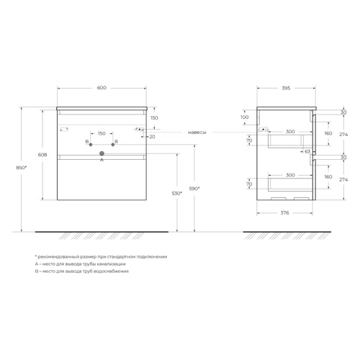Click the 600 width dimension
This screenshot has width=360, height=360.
click(x=102, y=88)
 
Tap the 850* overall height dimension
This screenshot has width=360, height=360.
click(x=22, y=168)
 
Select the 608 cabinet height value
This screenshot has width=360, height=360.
click(x=42, y=155)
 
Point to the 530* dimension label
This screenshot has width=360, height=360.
click(x=177, y=193)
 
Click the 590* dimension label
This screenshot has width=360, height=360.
click(x=194, y=189)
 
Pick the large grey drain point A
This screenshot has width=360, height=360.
click(x=102, y=153)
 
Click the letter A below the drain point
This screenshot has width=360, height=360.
click(x=102, y=160)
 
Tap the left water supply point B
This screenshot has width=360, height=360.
click(x=91, y=145)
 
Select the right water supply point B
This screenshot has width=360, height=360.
click(x=113, y=145)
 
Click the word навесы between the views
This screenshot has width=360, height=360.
click(x=197, y=132)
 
